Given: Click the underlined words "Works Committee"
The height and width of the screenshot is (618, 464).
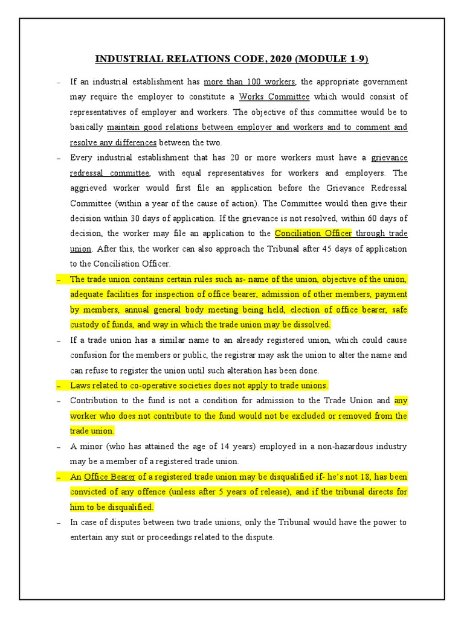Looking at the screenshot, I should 274,97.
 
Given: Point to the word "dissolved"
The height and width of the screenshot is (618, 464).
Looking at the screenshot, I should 312,325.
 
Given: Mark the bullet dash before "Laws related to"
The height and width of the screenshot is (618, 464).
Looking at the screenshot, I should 59,385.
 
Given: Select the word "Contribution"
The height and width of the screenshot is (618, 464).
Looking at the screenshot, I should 93,400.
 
